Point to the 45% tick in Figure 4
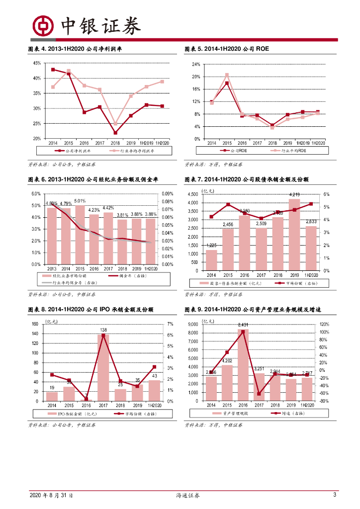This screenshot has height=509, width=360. pos(37,63)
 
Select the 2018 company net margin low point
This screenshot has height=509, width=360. pos(115,133)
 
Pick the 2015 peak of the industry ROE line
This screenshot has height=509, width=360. pos(227,75)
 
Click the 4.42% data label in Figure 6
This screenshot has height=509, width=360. pos(108,208)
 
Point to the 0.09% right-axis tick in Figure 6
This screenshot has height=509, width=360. pos(167,194)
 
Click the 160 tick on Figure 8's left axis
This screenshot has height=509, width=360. pos(34,324)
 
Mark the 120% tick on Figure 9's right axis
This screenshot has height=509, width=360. pos(324,324)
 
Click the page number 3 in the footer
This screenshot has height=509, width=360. pos(335,495)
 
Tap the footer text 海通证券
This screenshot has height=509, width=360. pos(188,496)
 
